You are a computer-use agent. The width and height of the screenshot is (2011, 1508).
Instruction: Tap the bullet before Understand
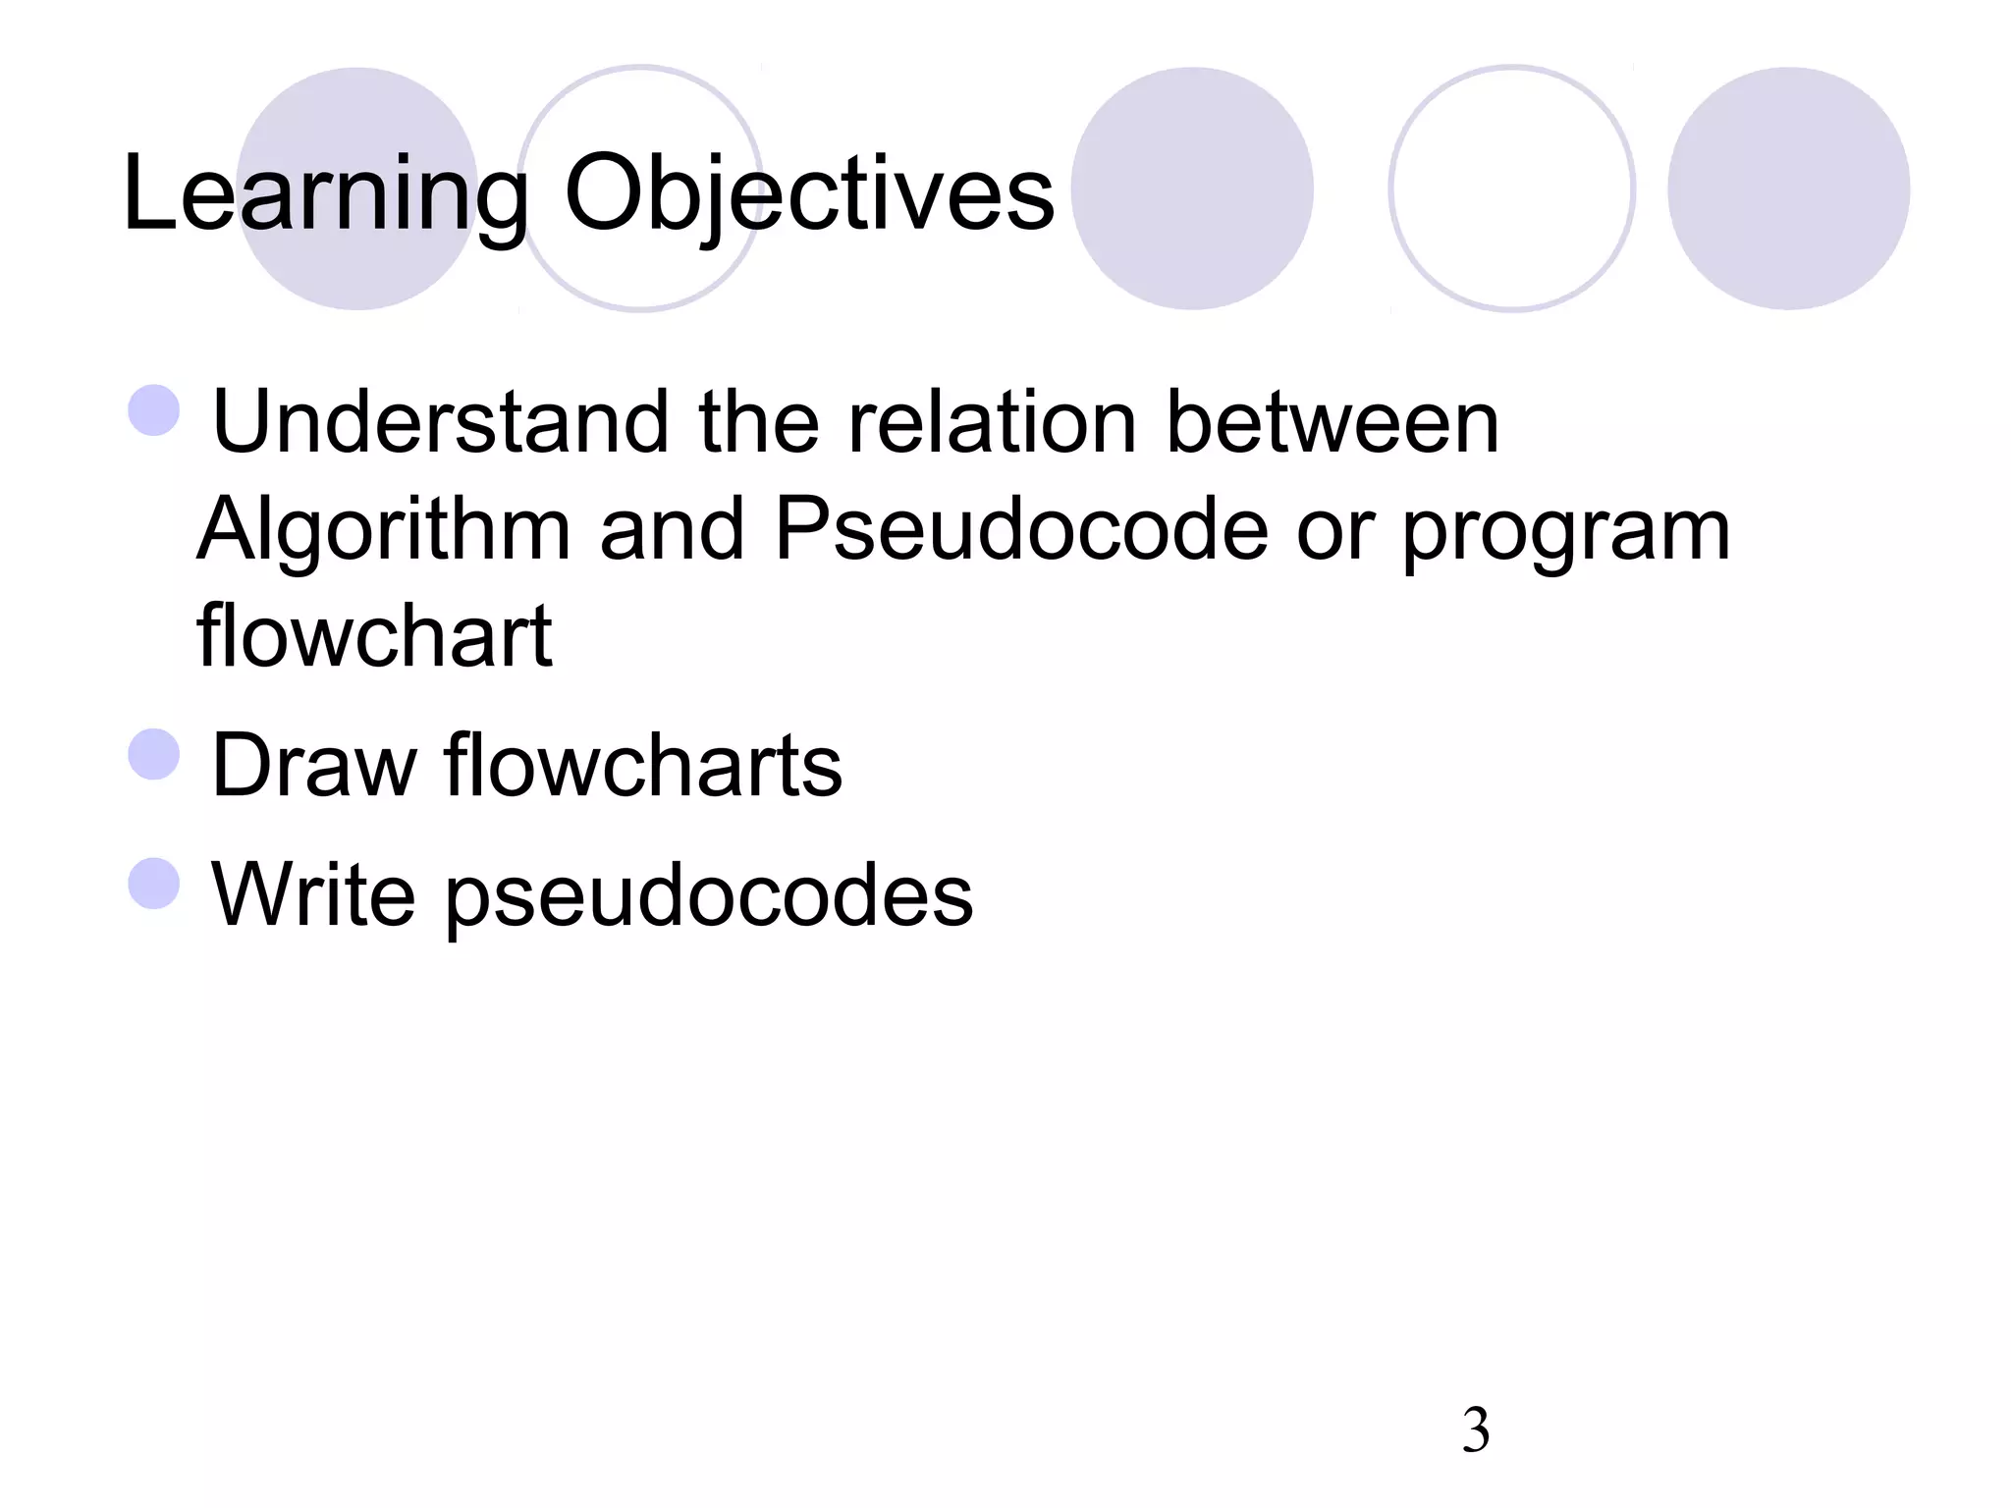[x=154, y=410]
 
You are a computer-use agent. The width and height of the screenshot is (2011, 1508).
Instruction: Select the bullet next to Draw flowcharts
[x=154, y=754]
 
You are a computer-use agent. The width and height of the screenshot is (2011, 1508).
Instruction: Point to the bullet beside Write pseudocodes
[x=154, y=883]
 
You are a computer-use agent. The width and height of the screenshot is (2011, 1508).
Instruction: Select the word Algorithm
[x=384, y=530]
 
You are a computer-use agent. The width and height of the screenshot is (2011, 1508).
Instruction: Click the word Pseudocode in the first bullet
[x=1021, y=530]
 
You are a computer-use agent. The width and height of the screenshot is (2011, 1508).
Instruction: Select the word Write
[x=313, y=894]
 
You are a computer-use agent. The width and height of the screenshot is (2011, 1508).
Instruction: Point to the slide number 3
[x=1476, y=1430]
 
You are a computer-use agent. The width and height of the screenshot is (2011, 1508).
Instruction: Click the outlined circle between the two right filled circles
[x=1512, y=188]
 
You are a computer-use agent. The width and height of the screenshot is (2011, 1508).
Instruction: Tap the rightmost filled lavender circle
[x=1788, y=188]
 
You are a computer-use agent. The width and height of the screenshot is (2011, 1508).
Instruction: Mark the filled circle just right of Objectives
[x=1192, y=188]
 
